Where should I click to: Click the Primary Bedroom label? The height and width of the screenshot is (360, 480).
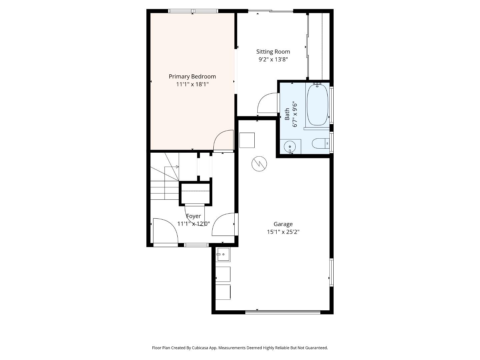pyautogui.click(x=192, y=77)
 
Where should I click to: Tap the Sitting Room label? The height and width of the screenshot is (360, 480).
pyautogui.click(x=273, y=52)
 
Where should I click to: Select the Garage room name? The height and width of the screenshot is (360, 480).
pyautogui.click(x=283, y=224)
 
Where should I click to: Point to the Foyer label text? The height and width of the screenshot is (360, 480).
pyautogui.click(x=193, y=216)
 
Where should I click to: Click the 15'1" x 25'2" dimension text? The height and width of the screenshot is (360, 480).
pyautogui.click(x=283, y=232)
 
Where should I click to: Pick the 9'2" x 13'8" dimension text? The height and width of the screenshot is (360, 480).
pyautogui.click(x=273, y=59)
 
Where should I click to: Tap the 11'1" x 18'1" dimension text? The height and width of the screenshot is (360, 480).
pyautogui.click(x=192, y=84)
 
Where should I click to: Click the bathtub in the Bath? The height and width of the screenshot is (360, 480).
pyautogui.click(x=318, y=105)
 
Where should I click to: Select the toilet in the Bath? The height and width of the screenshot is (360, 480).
pyautogui.click(x=321, y=144)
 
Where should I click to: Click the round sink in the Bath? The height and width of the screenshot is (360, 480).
pyautogui.click(x=290, y=147)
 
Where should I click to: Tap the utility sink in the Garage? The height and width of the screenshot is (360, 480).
pyautogui.click(x=223, y=254)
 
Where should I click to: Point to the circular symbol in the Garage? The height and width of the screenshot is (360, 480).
pyautogui.click(x=259, y=164)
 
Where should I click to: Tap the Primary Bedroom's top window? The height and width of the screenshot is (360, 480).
pyautogui.click(x=193, y=11)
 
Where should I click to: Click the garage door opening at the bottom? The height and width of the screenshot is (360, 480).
pyautogui.click(x=283, y=312)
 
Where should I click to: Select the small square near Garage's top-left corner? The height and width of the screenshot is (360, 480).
pyautogui.click(x=247, y=140)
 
